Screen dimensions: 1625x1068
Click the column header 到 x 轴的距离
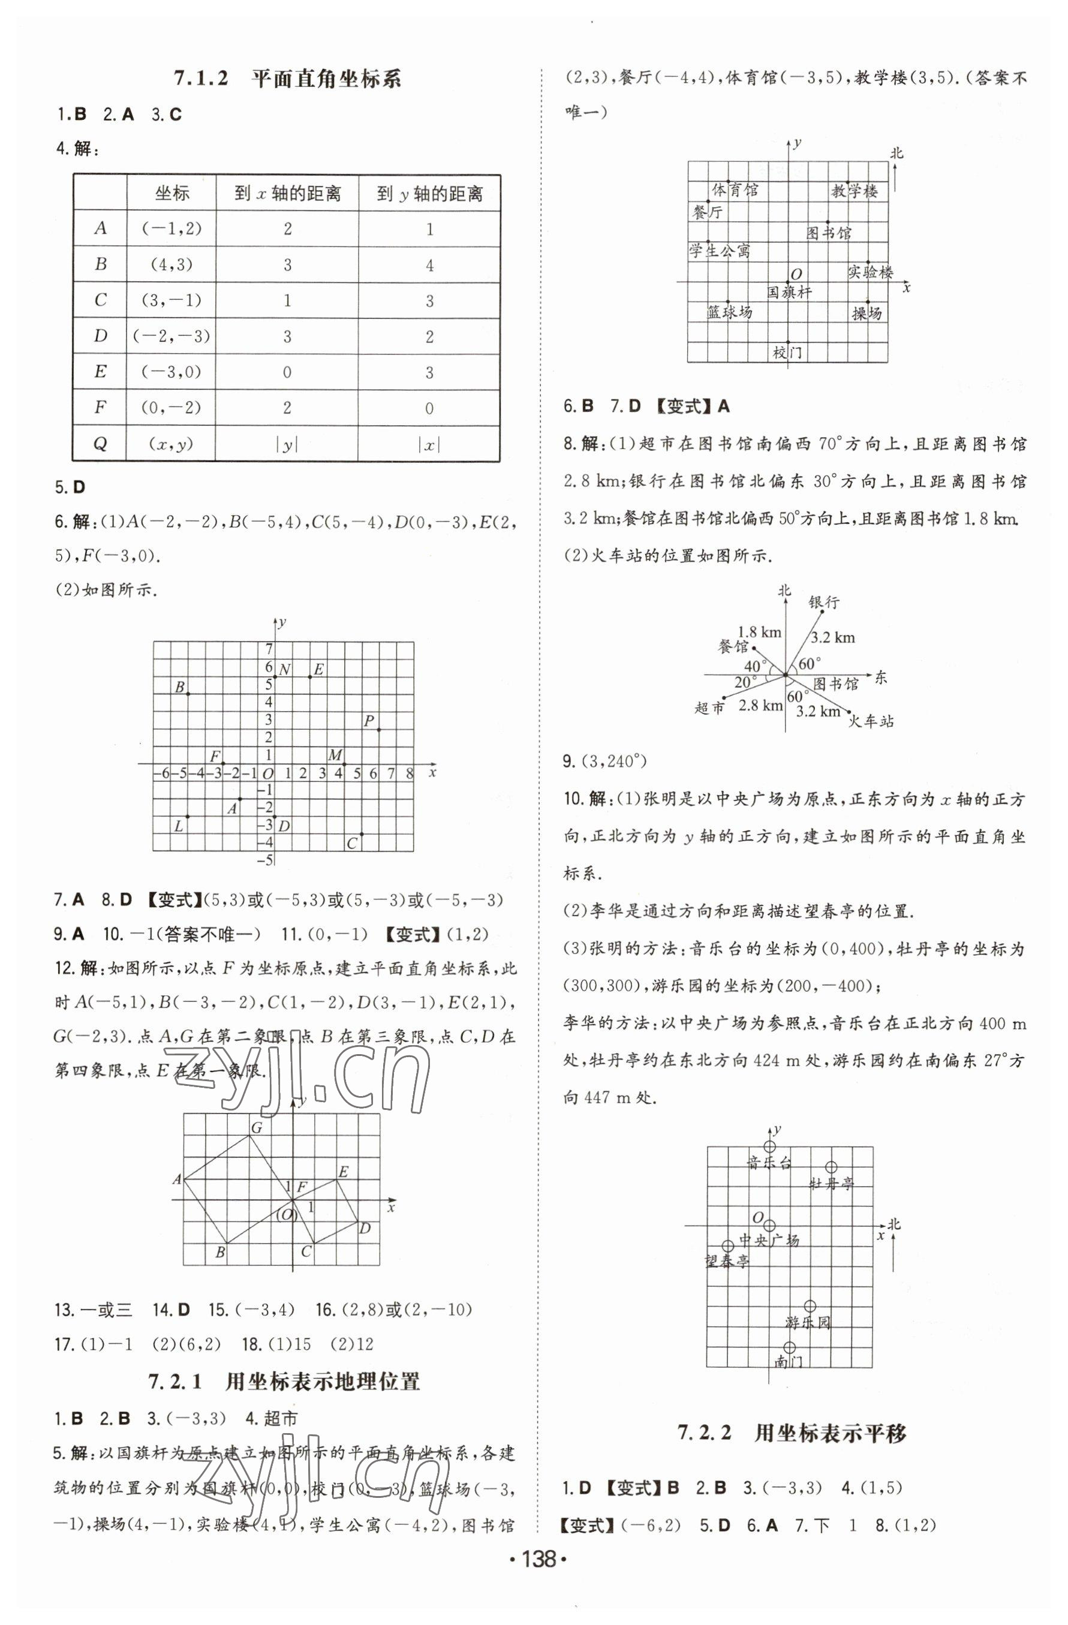(x=287, y=194)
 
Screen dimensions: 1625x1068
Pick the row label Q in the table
(x=100, y=444)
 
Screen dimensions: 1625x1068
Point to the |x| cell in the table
(x=429, y=444)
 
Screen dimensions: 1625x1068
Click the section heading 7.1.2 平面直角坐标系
(x=287, y=79)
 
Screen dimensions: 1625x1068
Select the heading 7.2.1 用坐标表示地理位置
(x=284, y=1383)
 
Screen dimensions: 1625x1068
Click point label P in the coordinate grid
(x=369, y=720)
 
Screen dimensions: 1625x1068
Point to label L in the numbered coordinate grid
(x=178, y=826)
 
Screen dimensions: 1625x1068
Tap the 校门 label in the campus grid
(x=787, y=353)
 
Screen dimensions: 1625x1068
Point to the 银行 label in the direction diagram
(x=823, y=602)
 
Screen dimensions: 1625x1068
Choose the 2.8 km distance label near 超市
(x=760, y=706)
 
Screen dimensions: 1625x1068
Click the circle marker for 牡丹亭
(x=831, y=1167)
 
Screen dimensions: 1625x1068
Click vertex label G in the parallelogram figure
(x=257, y=1128)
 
